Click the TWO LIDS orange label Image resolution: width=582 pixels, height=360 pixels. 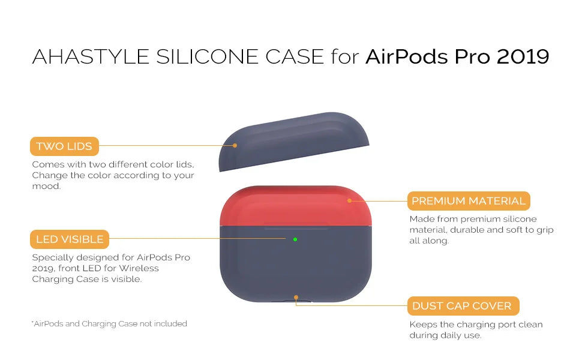coord(64,146)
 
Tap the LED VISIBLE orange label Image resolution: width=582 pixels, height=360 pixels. coord(70,239)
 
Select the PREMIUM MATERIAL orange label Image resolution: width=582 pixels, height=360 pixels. coord(469,201)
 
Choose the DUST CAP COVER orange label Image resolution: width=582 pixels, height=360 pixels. coord(463,306)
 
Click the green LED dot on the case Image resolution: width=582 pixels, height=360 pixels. coord(295,239)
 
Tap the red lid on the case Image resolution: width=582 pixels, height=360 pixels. coord(295,206)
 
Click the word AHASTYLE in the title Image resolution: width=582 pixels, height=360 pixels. coord(91,57)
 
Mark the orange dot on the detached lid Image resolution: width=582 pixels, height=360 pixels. coord(235,145)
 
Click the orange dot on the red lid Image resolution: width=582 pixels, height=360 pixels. coord(349,201)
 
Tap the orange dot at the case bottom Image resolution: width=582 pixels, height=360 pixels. coord(296,297)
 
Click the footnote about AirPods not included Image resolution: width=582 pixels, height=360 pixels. coord(109,323)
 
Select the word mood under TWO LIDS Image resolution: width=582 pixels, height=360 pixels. coord(46,186)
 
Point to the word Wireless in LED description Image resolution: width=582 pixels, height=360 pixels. coord(139,268)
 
